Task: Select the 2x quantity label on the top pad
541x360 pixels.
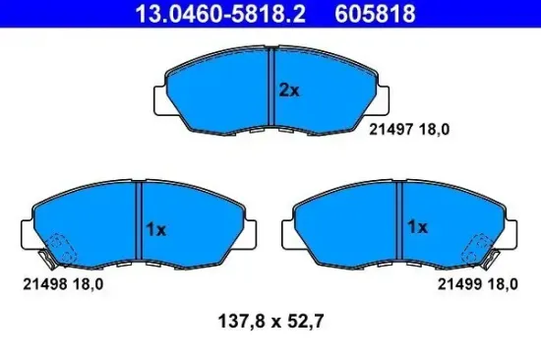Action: click(288, 90)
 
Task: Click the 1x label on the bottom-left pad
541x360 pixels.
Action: click(157, 228)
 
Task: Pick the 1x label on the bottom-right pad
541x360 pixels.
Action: click(417, 227)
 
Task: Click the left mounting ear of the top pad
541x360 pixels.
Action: click(162, 98)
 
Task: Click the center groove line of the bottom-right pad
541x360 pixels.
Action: click(399, 225)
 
